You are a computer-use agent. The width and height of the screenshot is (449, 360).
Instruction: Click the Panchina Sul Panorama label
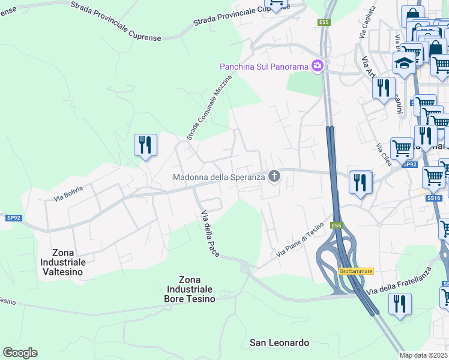pyautogui.click(x=264, y=66)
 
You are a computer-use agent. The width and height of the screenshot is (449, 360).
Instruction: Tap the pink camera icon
pyautogui.click(x=318, y=66)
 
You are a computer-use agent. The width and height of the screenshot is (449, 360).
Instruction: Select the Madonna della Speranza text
pyautogui.click(x=218, y=177)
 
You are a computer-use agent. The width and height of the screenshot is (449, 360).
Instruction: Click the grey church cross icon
pyautogui.click(x=274, y=176)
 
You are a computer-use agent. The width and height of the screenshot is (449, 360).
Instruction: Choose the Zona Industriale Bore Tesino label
pyautogui.click(x=197, y=289)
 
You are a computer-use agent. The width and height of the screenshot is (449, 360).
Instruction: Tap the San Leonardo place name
pyautogui.click(x=279, y=343)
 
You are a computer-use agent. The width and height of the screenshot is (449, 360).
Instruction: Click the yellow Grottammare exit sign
pyautogui.click(x=356, y=271)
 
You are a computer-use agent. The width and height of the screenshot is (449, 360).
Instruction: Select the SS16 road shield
pyautogui.click(x=434, y=197)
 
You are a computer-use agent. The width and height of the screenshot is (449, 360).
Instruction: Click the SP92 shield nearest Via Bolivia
pyautogui.click(x=14, y=218)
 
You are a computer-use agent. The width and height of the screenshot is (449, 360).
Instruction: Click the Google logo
pyautogui.click(x=20, y=353)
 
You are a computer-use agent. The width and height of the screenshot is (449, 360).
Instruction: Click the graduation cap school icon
pyautogui.click(x=404, y=64)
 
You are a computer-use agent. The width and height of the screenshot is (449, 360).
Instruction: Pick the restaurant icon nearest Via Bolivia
pyautogui.click(x=145, y=145)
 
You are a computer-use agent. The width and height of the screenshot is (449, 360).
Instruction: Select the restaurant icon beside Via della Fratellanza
pyautogui.click(x=400, y=304)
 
